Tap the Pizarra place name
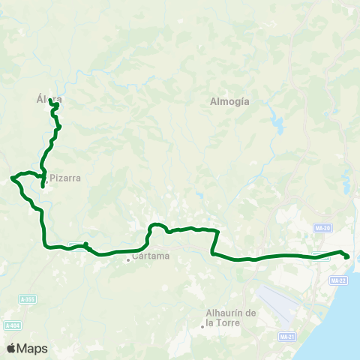click(x=65, y=178)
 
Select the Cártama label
click(x=151, y=256)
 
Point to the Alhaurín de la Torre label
click(x=231, y=317)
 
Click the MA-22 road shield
click(x=338, y=280)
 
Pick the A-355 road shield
click(x=28, y=299)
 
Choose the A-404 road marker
click(x=12, y=325)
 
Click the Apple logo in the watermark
click(x=11, y=348)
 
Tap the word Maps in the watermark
click(x=32, y=348)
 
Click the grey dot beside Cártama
click(x=128, y=259)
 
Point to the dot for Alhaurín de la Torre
click(x=202, y=325)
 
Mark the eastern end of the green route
click(x=347, y=257)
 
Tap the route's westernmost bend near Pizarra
click(x=12, y=178)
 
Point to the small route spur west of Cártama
click(x=86, y=243)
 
